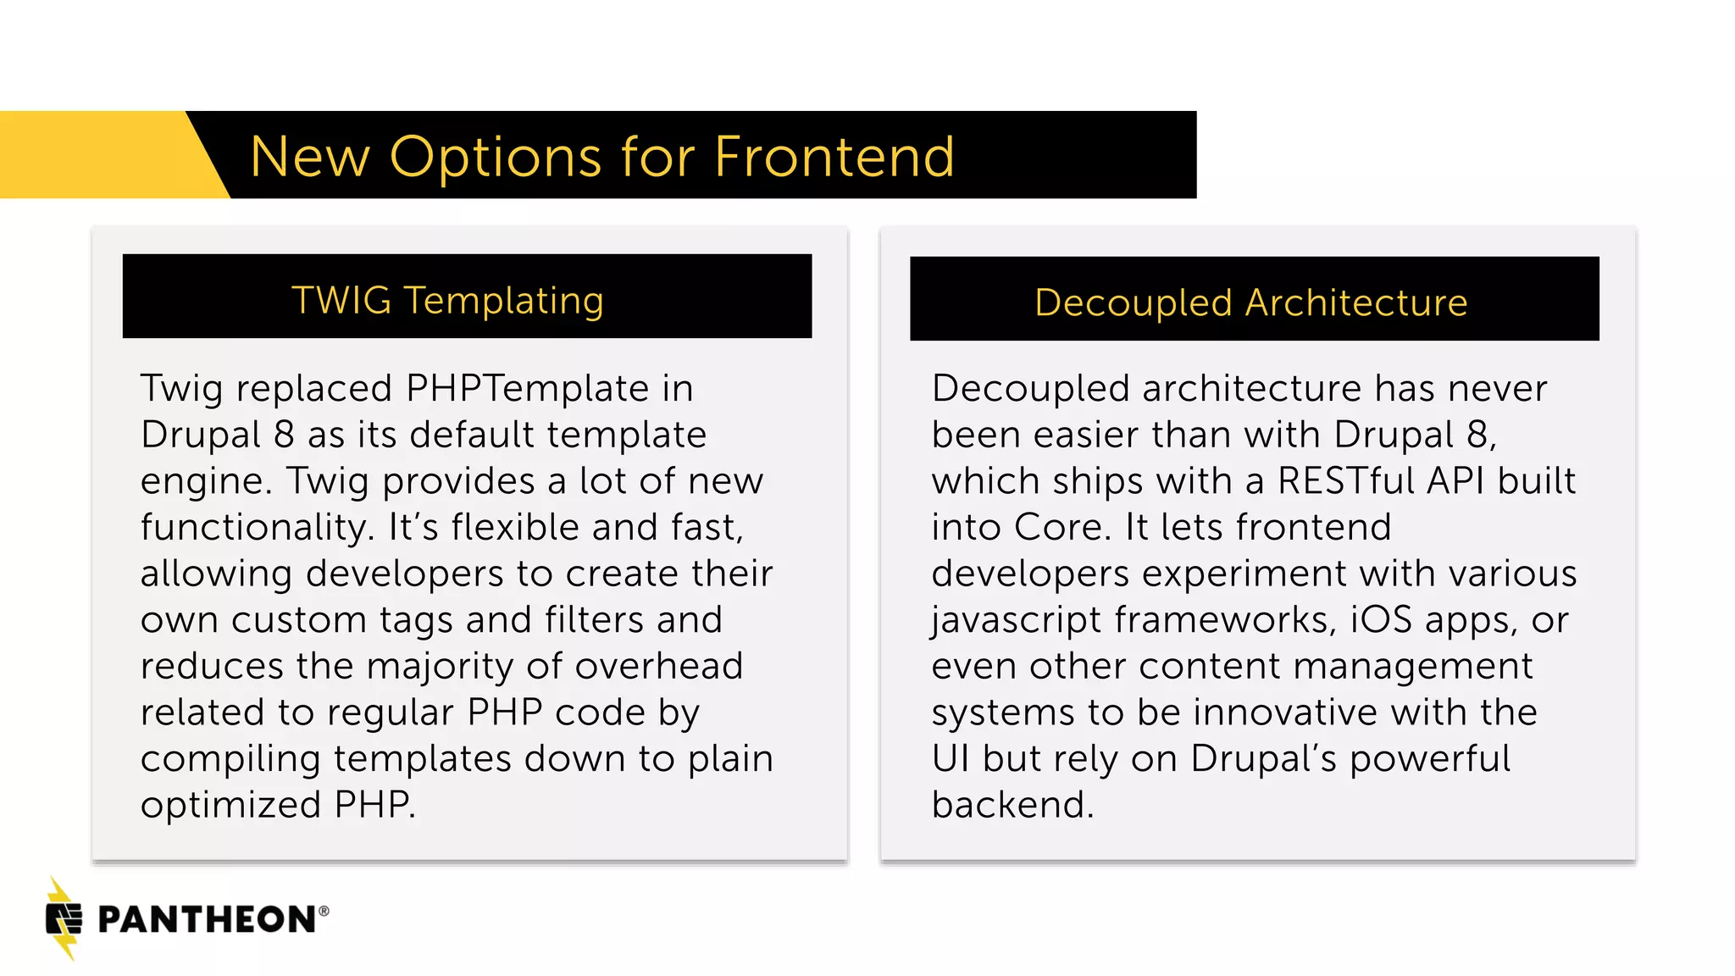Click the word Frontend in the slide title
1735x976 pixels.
click(x=834, y=157)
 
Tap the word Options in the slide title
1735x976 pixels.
click(x=496, y=158)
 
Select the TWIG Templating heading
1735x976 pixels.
click(x=447, y=300)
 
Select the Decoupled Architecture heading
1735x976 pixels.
click(x=1250, y=302)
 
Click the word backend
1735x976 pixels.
click(x=1012, y=805)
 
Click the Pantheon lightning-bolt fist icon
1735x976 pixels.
click(x=64, y=918)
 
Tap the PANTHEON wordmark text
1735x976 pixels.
click(x=207, y=920)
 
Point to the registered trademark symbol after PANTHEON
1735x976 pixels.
click(x=324, y=911)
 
